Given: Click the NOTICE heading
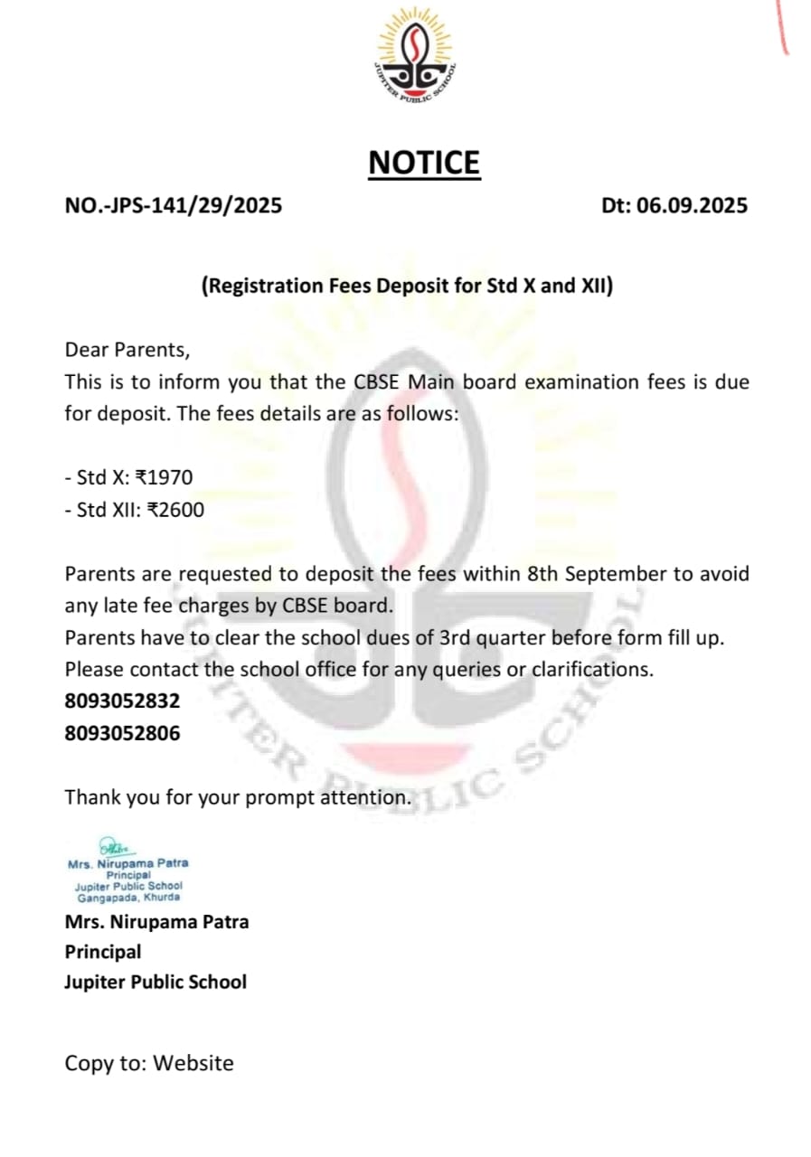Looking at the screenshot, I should [x=424, y=163].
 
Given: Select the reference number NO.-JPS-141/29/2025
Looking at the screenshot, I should [x=174, y=205].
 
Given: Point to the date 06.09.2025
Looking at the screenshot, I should [x=692, y=205].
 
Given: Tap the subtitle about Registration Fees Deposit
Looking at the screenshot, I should [x=407, y=287].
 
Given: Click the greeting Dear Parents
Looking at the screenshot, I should [x=127, y=349].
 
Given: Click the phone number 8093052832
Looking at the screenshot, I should [x=122, y=701].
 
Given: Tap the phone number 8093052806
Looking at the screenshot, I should [x=122, y=733].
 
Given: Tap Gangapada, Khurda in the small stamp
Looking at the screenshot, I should [x=128, y=898].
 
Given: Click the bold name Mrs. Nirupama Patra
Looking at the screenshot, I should [x=156, y=922].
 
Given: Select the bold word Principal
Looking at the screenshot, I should [x=103, y=952].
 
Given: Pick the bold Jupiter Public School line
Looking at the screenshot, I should [x=155, y=982].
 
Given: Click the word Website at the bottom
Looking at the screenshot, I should [x=193, y=1063].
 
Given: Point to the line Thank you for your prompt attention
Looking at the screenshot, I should [x=238, y=798].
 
